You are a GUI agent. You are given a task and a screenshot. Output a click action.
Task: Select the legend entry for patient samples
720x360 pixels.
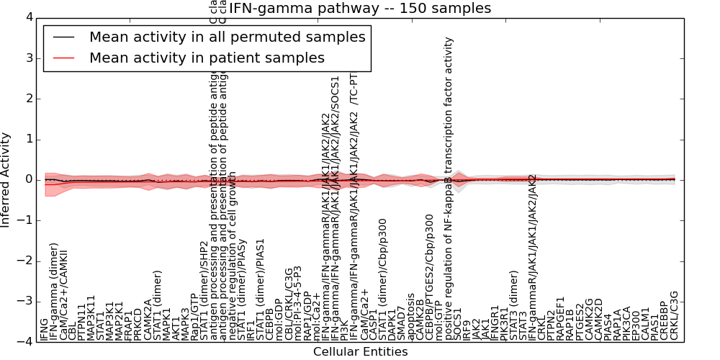pos(207,58)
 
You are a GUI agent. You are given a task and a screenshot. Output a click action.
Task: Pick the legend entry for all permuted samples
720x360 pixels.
pos(227,37)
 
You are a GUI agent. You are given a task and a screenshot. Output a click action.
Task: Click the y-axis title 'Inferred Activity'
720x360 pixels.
pos(6,180)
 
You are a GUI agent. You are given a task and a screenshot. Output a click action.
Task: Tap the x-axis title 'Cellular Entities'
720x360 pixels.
pos(360,352)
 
